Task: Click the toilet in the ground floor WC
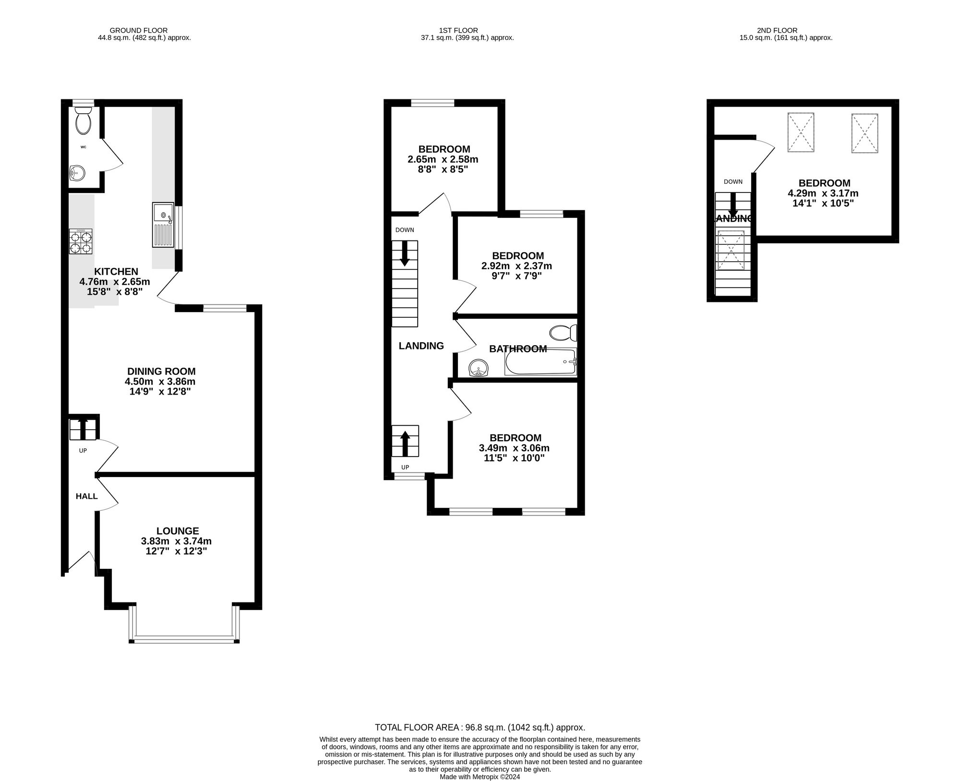83,121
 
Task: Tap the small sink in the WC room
77,172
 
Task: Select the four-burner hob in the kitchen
81,241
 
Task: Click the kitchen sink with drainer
163,225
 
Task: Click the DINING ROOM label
161,371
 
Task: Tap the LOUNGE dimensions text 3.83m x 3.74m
176,541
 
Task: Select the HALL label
86,496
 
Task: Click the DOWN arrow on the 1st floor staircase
405,253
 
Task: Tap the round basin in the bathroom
478,369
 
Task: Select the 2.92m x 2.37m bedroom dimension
516,266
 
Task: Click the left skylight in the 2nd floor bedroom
801,132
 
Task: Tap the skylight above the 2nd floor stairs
731,250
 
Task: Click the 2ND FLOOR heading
780,30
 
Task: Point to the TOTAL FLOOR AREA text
480,727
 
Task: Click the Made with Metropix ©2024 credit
480,777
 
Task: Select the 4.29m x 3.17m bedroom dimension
823,193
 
